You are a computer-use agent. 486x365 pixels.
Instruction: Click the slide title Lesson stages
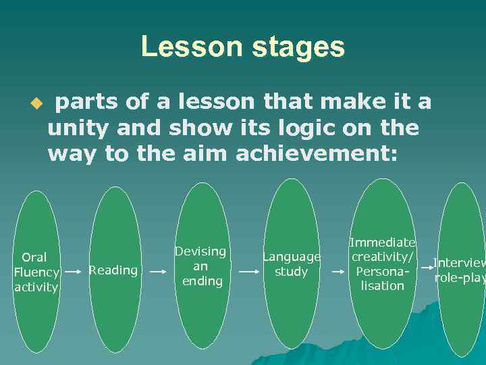242,47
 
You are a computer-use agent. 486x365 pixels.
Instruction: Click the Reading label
113,270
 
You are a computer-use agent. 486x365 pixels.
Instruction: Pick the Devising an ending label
200,266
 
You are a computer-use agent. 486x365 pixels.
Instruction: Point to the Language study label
291,264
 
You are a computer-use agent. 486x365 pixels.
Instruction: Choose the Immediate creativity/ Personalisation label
383,264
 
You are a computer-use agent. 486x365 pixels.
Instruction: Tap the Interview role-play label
459,270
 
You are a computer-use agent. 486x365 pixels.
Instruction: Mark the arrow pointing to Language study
249,272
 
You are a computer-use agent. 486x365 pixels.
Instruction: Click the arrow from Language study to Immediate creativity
337,272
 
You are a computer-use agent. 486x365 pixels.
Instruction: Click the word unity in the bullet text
80,128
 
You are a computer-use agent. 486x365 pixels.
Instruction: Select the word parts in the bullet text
86,103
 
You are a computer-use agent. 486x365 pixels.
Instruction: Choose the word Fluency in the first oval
36,272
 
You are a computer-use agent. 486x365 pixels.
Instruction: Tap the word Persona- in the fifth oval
382,271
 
